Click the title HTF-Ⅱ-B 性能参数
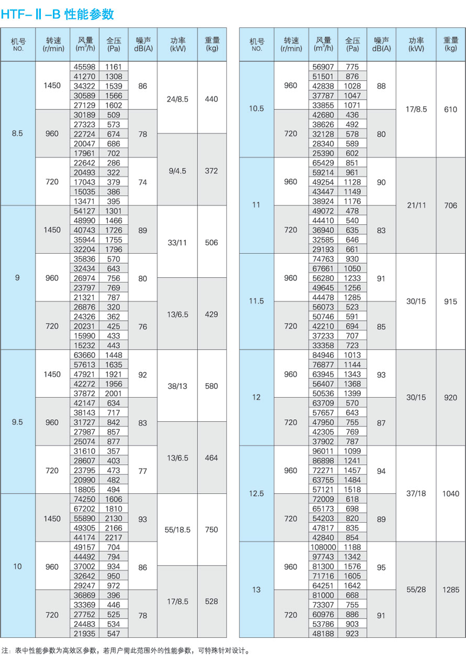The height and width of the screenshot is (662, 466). (57, 14)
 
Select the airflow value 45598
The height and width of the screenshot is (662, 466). (84, 67)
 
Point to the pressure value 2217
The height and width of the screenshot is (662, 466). (113, 537)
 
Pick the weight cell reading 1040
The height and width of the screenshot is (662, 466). (450, 494)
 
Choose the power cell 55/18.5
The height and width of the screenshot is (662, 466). (177, 530)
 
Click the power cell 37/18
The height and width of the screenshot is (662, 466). (416, 494)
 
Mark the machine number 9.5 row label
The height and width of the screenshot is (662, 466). (17, 422)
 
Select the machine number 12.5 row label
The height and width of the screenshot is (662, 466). (256, 494)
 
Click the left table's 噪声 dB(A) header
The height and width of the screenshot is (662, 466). (142, 45)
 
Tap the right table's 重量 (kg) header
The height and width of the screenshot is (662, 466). (450, 45)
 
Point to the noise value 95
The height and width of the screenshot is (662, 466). (381, 567)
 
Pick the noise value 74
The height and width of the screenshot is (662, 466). (142, 182)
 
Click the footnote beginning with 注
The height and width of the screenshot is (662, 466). (126, 651)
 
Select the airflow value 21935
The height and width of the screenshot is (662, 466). (84, 634)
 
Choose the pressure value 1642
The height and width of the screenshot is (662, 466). (352, 585)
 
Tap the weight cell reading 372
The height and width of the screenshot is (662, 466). (212, 171)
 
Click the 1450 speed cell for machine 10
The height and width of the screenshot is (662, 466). (52, 518)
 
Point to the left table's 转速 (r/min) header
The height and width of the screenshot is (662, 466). (53, 45)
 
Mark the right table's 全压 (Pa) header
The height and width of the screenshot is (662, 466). (352, 45)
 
